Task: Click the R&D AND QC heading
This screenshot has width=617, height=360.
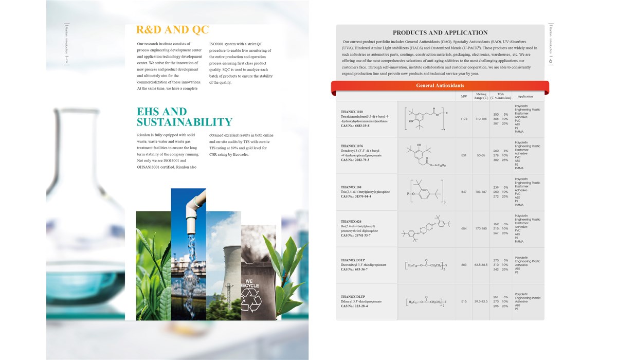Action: coord(172,29)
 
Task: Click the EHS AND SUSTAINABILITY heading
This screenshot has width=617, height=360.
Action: coord(184,117)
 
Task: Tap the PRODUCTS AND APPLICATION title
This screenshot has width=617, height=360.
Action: coord(440,32)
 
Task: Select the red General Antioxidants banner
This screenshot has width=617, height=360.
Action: coord(440,85)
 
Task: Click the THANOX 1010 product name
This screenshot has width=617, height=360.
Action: coord(352,112)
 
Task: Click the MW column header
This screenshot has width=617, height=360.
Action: coord(464,97)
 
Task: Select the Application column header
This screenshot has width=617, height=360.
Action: coord(525,97)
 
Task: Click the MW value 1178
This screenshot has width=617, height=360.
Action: coord(464,119)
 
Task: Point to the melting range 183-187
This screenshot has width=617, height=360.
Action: coord(481,192)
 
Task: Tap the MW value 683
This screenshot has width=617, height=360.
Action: coord(464,265)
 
